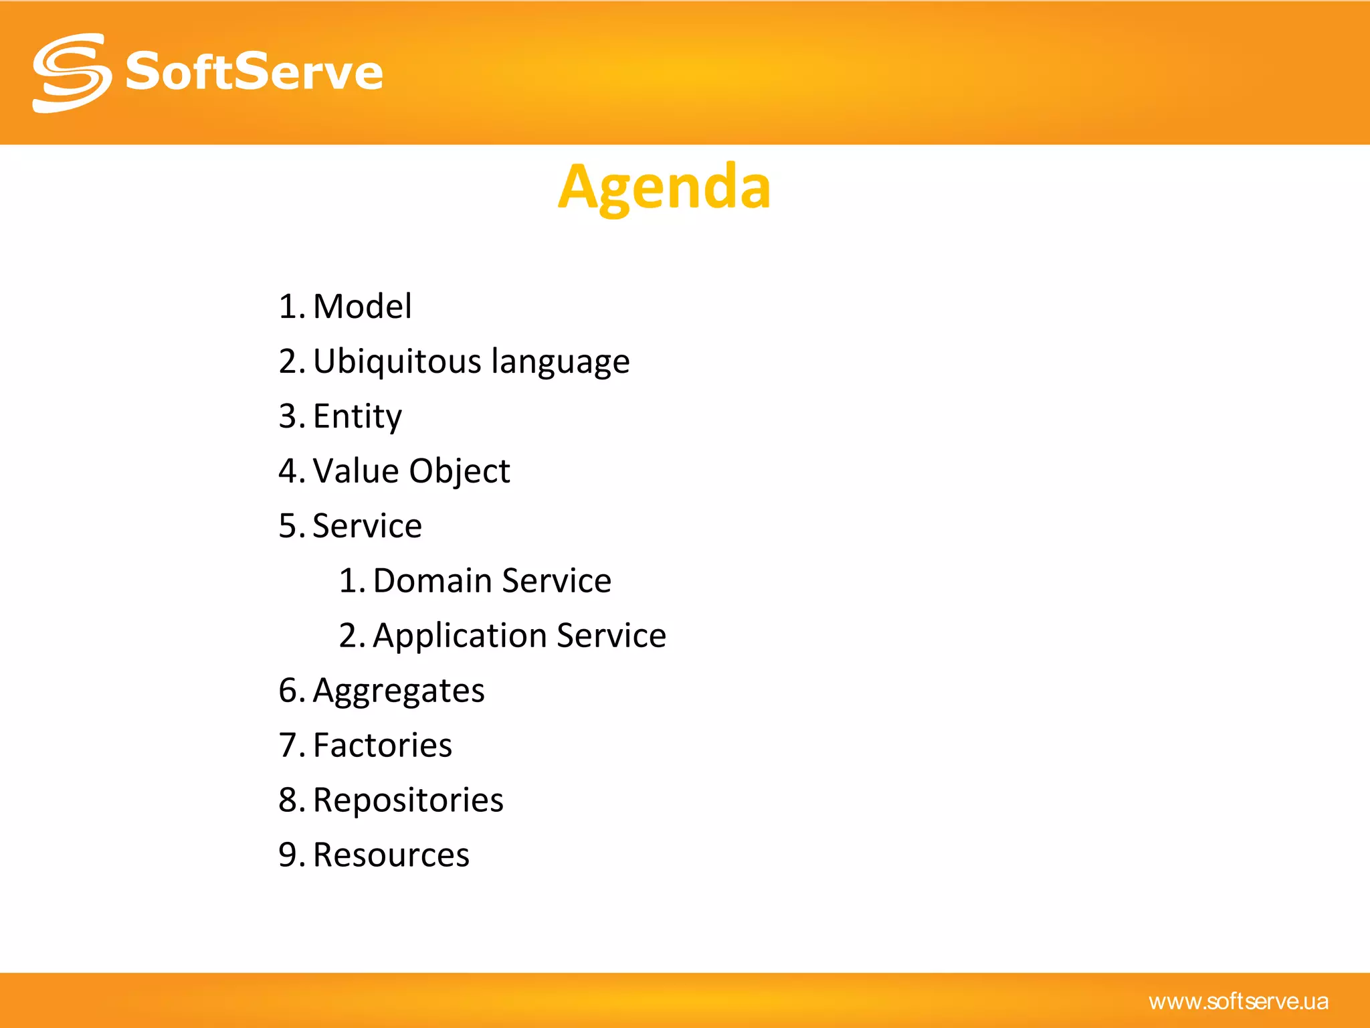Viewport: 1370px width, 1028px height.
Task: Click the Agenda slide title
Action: coord(664,187)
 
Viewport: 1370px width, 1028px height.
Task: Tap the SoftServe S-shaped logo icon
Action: coord(72,73)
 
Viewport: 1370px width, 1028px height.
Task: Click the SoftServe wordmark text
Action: coord(254,72)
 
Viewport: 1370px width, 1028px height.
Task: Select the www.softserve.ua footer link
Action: coord(1238,1001)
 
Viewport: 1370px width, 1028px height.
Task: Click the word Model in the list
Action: coord(362,307)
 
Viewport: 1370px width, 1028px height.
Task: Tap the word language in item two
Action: coord(560,363)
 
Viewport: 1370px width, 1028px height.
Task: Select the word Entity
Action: coord(357,417)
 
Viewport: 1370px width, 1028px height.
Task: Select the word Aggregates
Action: coord(398,691)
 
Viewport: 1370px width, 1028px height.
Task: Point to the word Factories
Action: coord(382,746)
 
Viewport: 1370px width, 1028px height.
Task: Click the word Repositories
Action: coord(407,800)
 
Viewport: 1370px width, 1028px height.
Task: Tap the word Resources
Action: coord(391,855)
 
